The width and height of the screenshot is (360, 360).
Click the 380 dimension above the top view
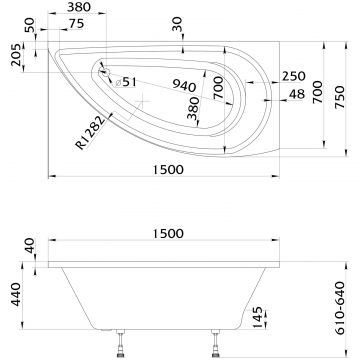79,7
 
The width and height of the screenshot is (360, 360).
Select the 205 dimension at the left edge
17,55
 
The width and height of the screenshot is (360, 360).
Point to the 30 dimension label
178,25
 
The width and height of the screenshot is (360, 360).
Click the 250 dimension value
294,76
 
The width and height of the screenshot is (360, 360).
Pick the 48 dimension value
297,94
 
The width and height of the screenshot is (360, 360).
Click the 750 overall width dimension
339,97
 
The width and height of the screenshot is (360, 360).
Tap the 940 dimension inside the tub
184,85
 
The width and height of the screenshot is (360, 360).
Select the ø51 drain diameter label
126,82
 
